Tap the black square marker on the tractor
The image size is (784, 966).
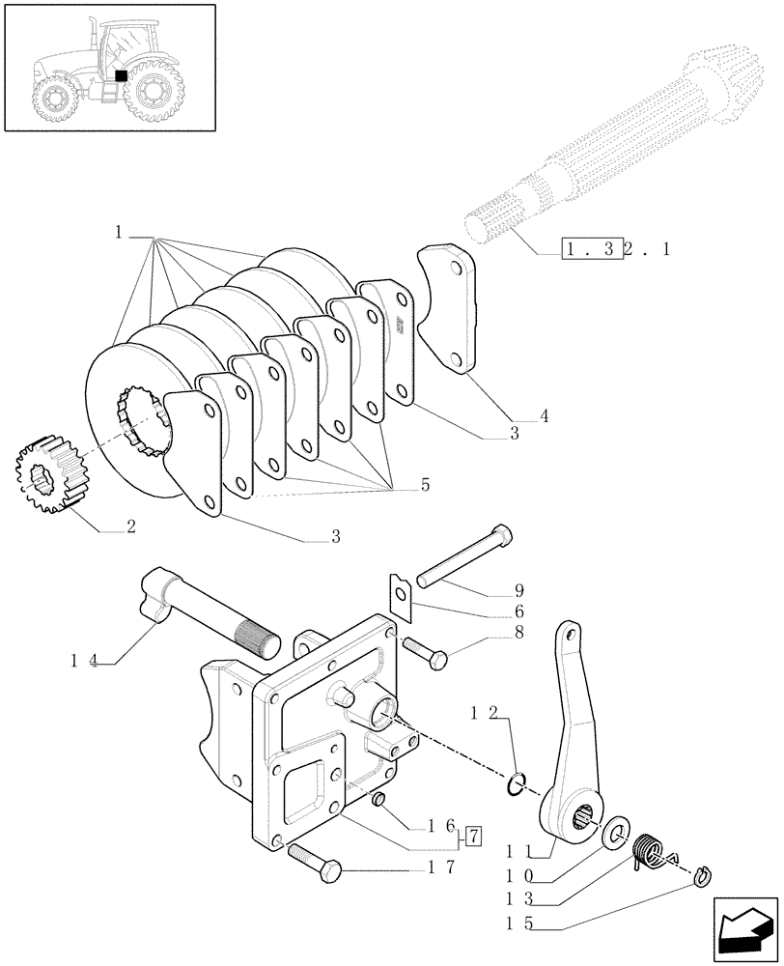click(x=121, y=74)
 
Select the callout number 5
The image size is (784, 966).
click(x=425, y=485)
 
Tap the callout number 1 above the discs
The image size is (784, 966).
click(x=118, y=232)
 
